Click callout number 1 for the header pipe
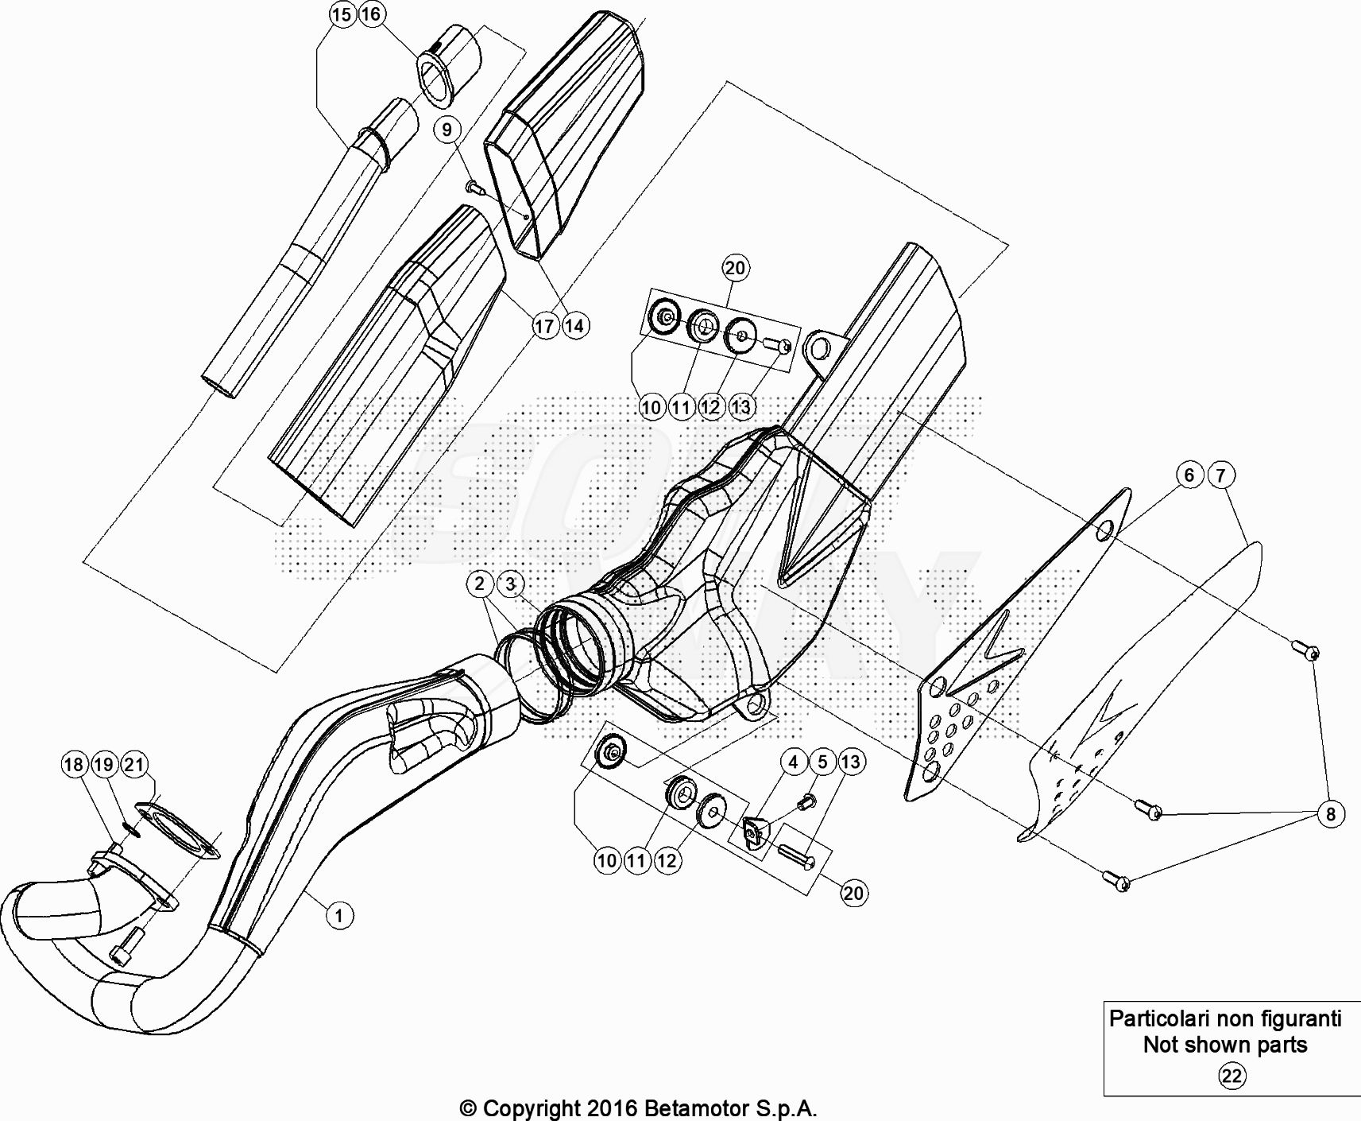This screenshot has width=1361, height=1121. click(x=339, y=916)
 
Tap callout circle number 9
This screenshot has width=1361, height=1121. click(x=447, y=130)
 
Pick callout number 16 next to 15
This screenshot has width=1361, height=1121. click(x=371, y=14)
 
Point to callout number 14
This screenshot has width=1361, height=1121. click(x=574, y=325)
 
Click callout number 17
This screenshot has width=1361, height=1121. click(x=544, y=326)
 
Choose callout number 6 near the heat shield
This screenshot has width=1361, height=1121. click(x=1189, y=475)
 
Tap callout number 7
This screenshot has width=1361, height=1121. click(x=1221, y=475)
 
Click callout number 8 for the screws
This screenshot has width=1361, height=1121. click(x=1331, y=814)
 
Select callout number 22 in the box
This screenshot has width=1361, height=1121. click(x=1231, y=1076)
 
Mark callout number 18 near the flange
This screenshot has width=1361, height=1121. click(x=73, y=765)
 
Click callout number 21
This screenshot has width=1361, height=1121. click(x=133, y=765)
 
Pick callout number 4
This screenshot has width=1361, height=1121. click(x=793, y=762)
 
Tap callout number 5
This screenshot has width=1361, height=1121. click(x=822, y=762)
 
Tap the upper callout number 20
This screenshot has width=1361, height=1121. click(x=735, y=268)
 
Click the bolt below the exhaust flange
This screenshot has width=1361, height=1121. click(x=127, y=946)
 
